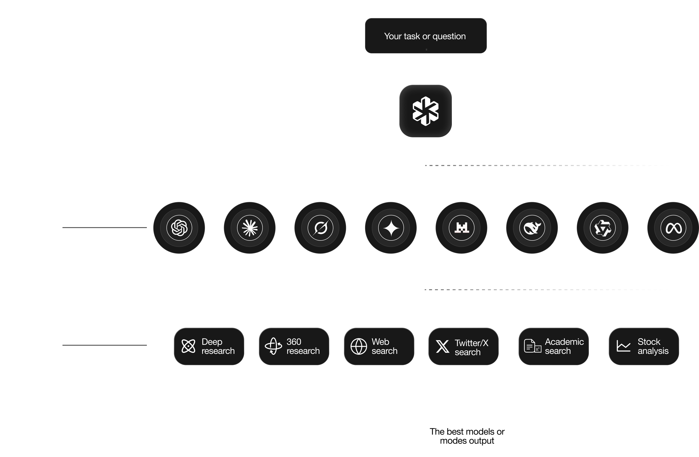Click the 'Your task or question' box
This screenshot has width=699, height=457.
click(x=426, y=36)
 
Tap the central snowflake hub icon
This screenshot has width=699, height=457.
click(x=426, y=111)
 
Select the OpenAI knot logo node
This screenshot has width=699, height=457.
click(x=179, y=228)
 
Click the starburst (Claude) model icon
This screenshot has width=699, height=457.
click(x=250, y=228)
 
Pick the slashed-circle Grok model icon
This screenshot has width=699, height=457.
click(x=320, y=228)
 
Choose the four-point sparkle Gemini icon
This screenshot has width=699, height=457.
click(x=391, y=228)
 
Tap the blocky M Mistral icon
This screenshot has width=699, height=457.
click(x=461, y=228)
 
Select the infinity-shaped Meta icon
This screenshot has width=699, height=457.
click(x=673, y=228)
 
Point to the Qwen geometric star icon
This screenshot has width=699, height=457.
click(x=603, y=228)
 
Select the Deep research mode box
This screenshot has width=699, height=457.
click(x=209, y=346)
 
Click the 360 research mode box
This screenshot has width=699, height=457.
click(x=294, y=346)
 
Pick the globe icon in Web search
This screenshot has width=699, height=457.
click(x=359, y=346)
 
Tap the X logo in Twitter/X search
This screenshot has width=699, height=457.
click(x=442, y=346)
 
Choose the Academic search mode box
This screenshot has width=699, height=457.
click(x=553, y=346)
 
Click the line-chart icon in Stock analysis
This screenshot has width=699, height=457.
click(x=623, y=346)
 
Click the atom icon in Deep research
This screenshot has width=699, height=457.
click(x=188, y=346)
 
